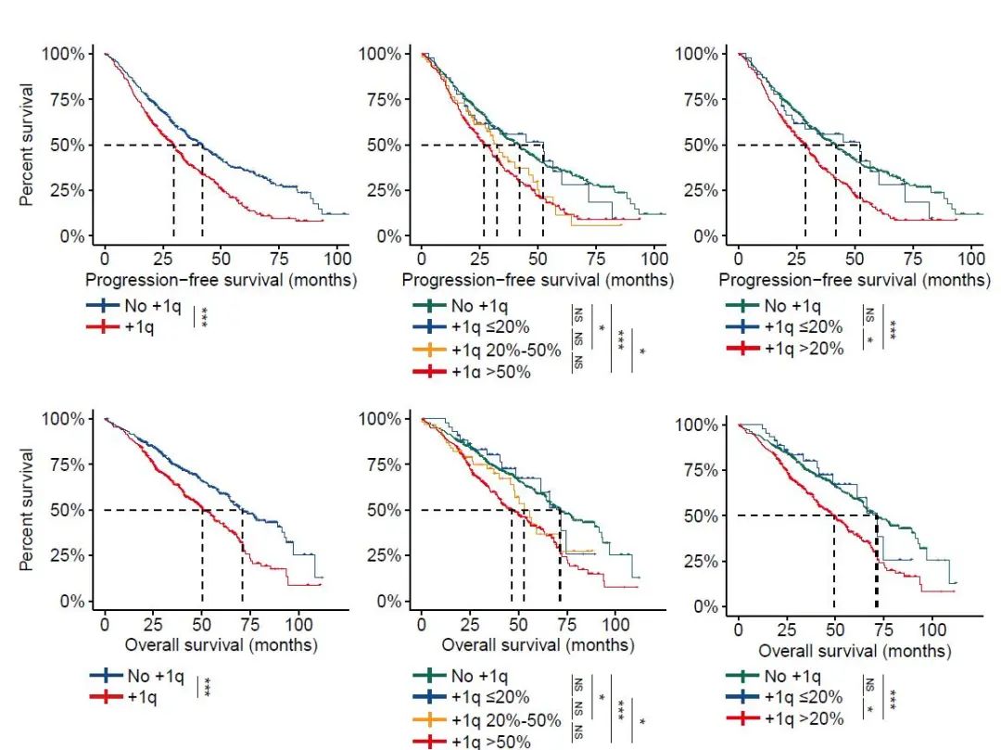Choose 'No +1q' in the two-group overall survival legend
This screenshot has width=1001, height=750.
[x=154, y=676]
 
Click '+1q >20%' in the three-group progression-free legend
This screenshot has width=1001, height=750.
[x=804, y=350]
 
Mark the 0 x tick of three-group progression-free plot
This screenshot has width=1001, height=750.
[x=738, y=257]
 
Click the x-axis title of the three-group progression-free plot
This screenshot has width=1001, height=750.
[x=854, y=279]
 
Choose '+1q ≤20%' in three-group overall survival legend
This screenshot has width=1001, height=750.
[x=804, y=697]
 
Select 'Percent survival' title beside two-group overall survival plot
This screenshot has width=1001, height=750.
[x=29, y=509]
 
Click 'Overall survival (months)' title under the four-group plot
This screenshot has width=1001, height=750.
[x=537, y=644]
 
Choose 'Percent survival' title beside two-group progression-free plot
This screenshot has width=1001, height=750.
[x=29, y=145]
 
